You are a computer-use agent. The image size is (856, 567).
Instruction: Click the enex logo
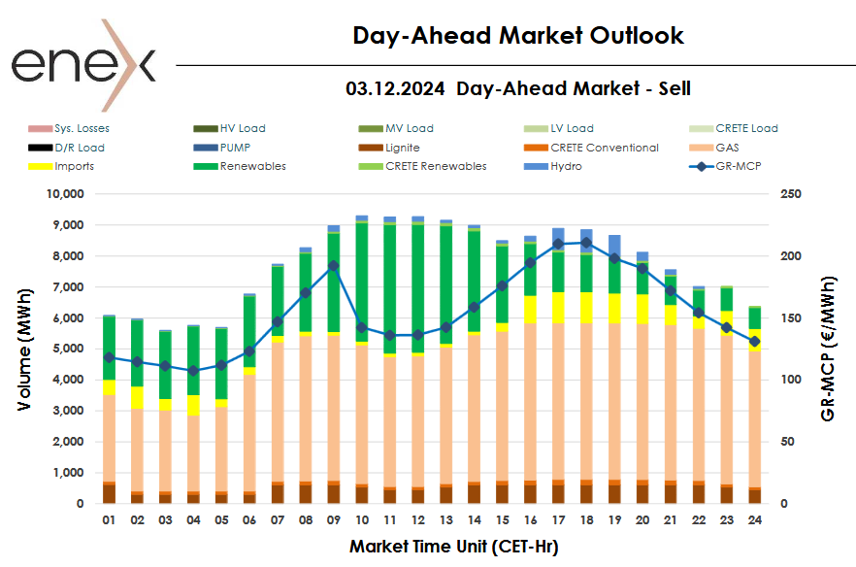pyautogui.click(x=82, y=64)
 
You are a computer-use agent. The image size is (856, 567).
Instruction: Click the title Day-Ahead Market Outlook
pyautogui.click(x=518, y=36)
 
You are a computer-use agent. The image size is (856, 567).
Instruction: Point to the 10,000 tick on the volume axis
pyautogui.click(x=67, y=194)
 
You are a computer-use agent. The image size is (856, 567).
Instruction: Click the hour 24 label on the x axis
pyautogui.click(x=754, y=521)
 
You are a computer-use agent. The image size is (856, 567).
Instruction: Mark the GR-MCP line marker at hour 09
pyautogui.click(x=333, y=265)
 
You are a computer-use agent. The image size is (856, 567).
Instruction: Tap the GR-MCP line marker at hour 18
pyautogui.click(x=586, y=243)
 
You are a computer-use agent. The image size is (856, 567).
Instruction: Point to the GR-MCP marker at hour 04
pyautogui.click(x=193, y=370)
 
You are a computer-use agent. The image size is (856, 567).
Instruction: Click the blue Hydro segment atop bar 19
pyautogui.click(x=614, y=244)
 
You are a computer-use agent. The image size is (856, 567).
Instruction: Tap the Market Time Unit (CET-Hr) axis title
pyautogui.click(x=453, y=547)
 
